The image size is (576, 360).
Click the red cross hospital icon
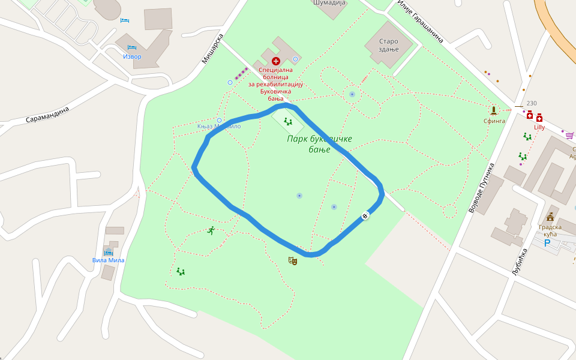coord(276,61)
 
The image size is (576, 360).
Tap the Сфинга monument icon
coord(494,110)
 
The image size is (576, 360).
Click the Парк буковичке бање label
coord(319,144)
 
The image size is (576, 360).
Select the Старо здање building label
coord(388,45)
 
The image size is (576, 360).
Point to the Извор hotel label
coord(132,56)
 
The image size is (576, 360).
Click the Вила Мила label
coord(108,260)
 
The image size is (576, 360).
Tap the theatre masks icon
coord(293,260)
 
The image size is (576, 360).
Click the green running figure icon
coord(211,230)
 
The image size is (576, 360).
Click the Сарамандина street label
coord(47,115)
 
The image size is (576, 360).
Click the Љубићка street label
coord(519,262)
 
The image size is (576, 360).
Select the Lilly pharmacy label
coord(539,127)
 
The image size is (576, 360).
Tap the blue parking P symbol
coord(547,243)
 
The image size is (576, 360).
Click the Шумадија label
coord(330,2)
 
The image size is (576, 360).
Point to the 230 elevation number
coord(531,103)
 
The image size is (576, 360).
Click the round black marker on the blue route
coord(365,215)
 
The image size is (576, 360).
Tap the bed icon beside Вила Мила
coord(108,251)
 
